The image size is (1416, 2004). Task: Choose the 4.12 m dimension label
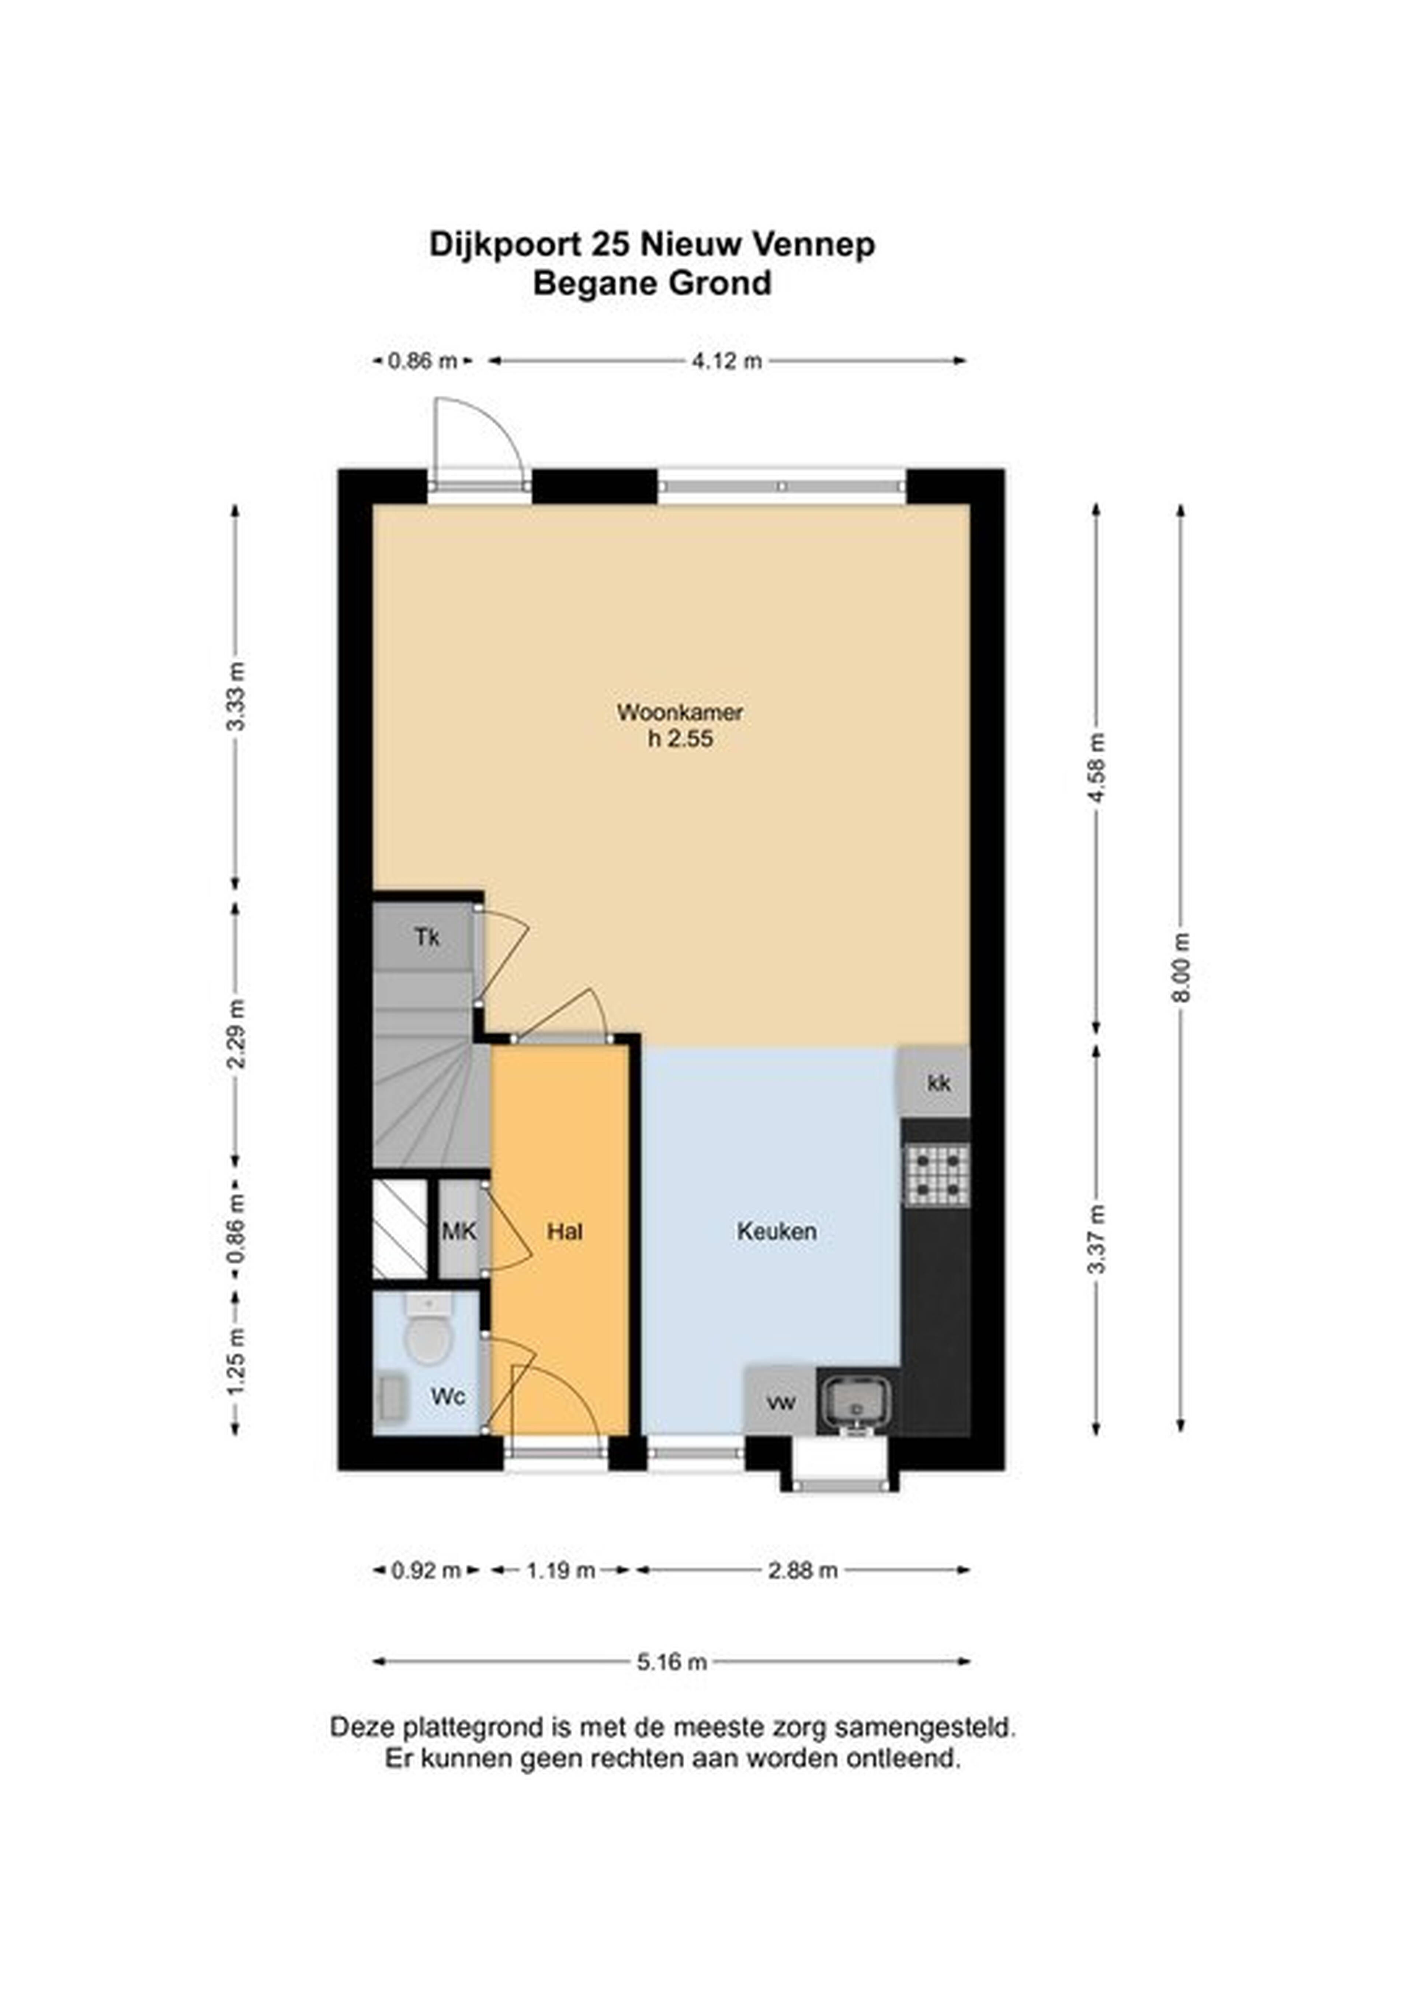click(727, 361)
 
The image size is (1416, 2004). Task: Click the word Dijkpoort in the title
click(504, 245)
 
